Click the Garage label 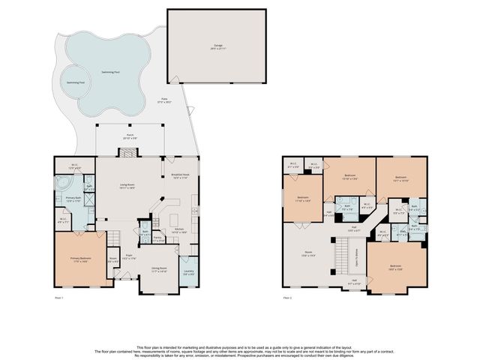pyautogui.click(x=217, y=46)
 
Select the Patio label pyautogui.click(x=165, y=100)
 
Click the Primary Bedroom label pyautogui.click(x=80, y=259)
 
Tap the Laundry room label pyautogui.click(x=189, y=271)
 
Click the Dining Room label pyautogui.click(x=158, y=268)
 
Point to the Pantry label pyautogui.click(x=158, y=239)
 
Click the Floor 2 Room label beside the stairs pyautogui.click(x=307, y=253)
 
